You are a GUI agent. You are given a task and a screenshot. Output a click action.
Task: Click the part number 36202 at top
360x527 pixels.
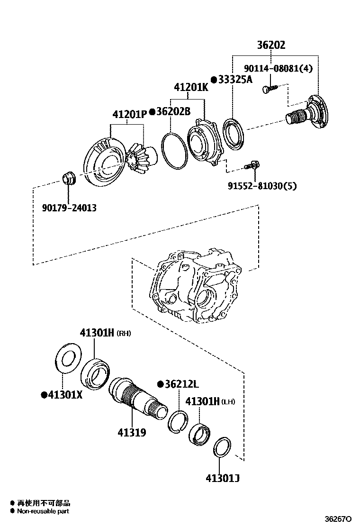pyautogui.click(x=271, y=45)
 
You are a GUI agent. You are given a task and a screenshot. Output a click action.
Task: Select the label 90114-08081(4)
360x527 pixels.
pyautogui.click(x=279, y=69)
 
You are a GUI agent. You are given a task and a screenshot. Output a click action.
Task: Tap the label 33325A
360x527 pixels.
pyautogui.click(x=235, y=80)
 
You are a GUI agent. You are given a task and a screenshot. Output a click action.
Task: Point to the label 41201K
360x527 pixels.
pyautogui.click(x=190, y=88)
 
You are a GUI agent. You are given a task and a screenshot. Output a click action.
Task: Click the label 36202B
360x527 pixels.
pyautogui.click(x=173, y=112)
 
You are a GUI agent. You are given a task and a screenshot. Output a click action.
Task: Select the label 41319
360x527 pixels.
pyautogui.click(x=132, y=433)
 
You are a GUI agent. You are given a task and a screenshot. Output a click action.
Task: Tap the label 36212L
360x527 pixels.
pyautogui.click(x=181, y=384)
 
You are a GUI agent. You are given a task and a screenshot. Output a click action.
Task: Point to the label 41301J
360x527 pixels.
pyautogui.click(x=222, y=478)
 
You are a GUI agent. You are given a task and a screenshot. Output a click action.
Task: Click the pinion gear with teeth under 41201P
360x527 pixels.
pyautogui.click(x=141, y=158)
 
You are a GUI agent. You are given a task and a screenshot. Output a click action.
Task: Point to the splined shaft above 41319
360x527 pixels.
pyautogui.click(x=137, y=396)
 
